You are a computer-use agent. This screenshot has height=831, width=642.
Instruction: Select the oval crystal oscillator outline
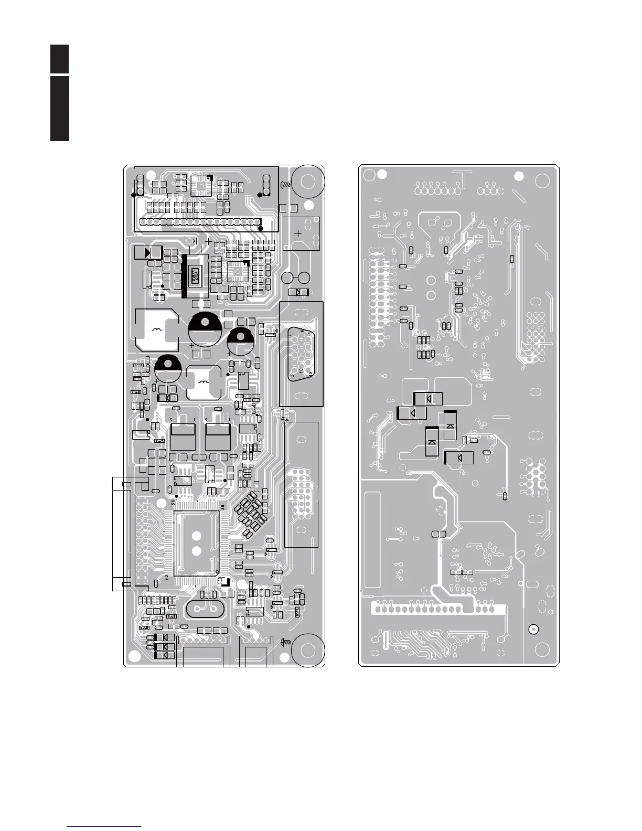[200, 609]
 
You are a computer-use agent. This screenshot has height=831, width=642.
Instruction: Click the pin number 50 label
[173, 502]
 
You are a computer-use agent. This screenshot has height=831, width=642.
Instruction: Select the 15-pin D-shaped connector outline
[301, 354]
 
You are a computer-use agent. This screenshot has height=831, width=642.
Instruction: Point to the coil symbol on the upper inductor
[156, 329]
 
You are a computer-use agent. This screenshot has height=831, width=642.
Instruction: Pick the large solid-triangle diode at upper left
[147, 252]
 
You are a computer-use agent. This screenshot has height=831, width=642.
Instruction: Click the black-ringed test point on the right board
[533, 629]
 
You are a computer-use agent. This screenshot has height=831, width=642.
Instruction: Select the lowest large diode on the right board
[459, 457]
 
